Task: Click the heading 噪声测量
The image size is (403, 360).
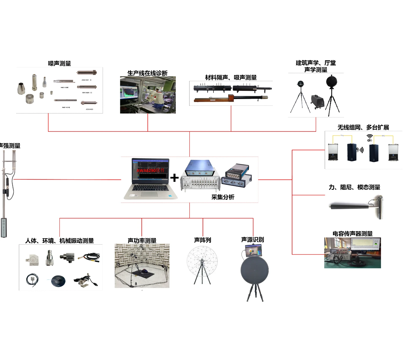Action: (59, 63)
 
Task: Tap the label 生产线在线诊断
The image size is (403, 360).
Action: (147, 73)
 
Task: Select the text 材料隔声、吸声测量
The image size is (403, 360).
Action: (231, 77)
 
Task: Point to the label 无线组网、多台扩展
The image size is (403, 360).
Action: (363, 127)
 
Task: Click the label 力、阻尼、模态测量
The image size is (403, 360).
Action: (354, 187)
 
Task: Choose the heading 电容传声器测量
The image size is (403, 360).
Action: (353, 234)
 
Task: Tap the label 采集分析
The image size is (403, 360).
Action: (223, 197)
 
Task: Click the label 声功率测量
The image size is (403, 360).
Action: (142, 241)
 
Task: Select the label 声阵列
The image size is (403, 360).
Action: (203, 240)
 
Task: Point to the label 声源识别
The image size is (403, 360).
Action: (253, 239)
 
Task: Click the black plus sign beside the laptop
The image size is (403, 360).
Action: (174, 178)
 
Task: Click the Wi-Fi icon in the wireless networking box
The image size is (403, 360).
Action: (370, 137)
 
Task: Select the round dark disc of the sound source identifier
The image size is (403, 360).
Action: (254, 270)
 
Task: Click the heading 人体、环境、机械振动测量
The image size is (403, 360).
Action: (59, 241)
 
